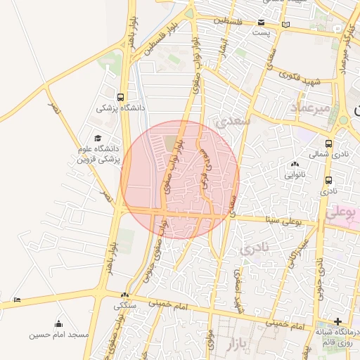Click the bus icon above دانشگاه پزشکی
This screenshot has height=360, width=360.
(121, 97)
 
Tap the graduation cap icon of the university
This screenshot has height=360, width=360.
(97, 138)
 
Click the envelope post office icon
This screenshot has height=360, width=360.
(262, 22)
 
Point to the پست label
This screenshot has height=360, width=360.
(262, 33)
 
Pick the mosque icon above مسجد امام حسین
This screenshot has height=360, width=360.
(58, 324)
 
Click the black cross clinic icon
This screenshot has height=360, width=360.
(337, 321)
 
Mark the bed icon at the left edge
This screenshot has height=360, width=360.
(17, 300)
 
